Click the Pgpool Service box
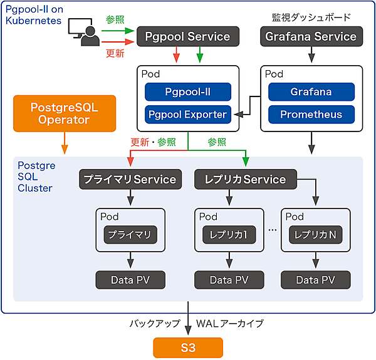[188, 36]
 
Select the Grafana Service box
[311, 36]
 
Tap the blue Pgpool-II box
[188, 92]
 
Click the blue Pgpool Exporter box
[188, 115]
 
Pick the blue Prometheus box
[311, 115]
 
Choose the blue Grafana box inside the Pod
[311, 92]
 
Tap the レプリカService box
[245, 180]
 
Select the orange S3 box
[188, 347]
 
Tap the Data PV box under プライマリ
[130, 279]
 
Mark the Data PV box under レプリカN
[315, 279]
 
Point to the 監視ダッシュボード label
[311, 18]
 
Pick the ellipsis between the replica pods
[273, 230]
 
